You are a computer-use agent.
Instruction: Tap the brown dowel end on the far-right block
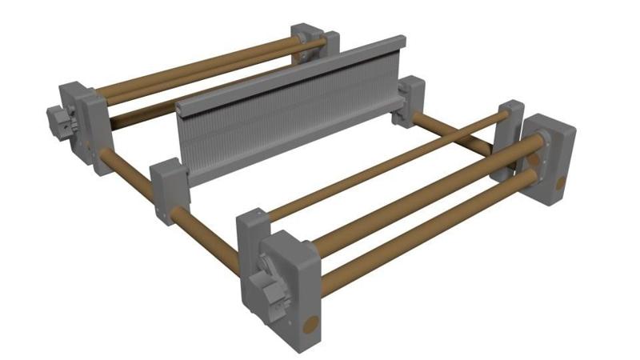click(x=560, y=184)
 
